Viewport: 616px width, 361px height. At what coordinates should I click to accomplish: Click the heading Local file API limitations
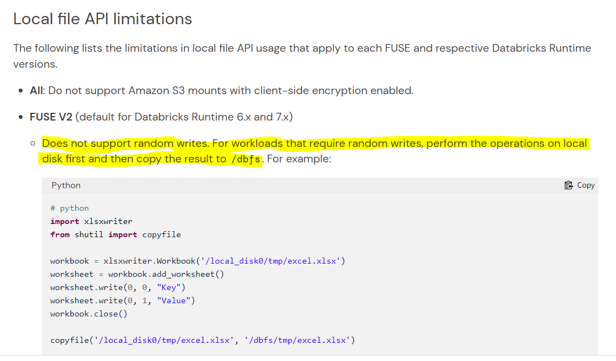tap(102, 19)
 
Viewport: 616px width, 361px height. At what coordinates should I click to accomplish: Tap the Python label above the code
tap(66, 185)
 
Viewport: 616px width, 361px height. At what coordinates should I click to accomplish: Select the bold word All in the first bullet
tap(36, 90)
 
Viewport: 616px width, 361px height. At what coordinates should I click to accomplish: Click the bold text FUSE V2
tap(51, 117)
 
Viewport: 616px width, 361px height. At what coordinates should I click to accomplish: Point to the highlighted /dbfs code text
tap(246, 160)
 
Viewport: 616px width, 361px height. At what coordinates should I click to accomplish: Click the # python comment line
tap(69, 208)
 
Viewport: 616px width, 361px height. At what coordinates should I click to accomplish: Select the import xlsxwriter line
tap(91, 221)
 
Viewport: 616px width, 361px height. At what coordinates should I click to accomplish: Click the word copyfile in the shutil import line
tap(161, 234)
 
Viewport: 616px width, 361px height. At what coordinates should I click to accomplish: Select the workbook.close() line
tap(89, 314)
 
